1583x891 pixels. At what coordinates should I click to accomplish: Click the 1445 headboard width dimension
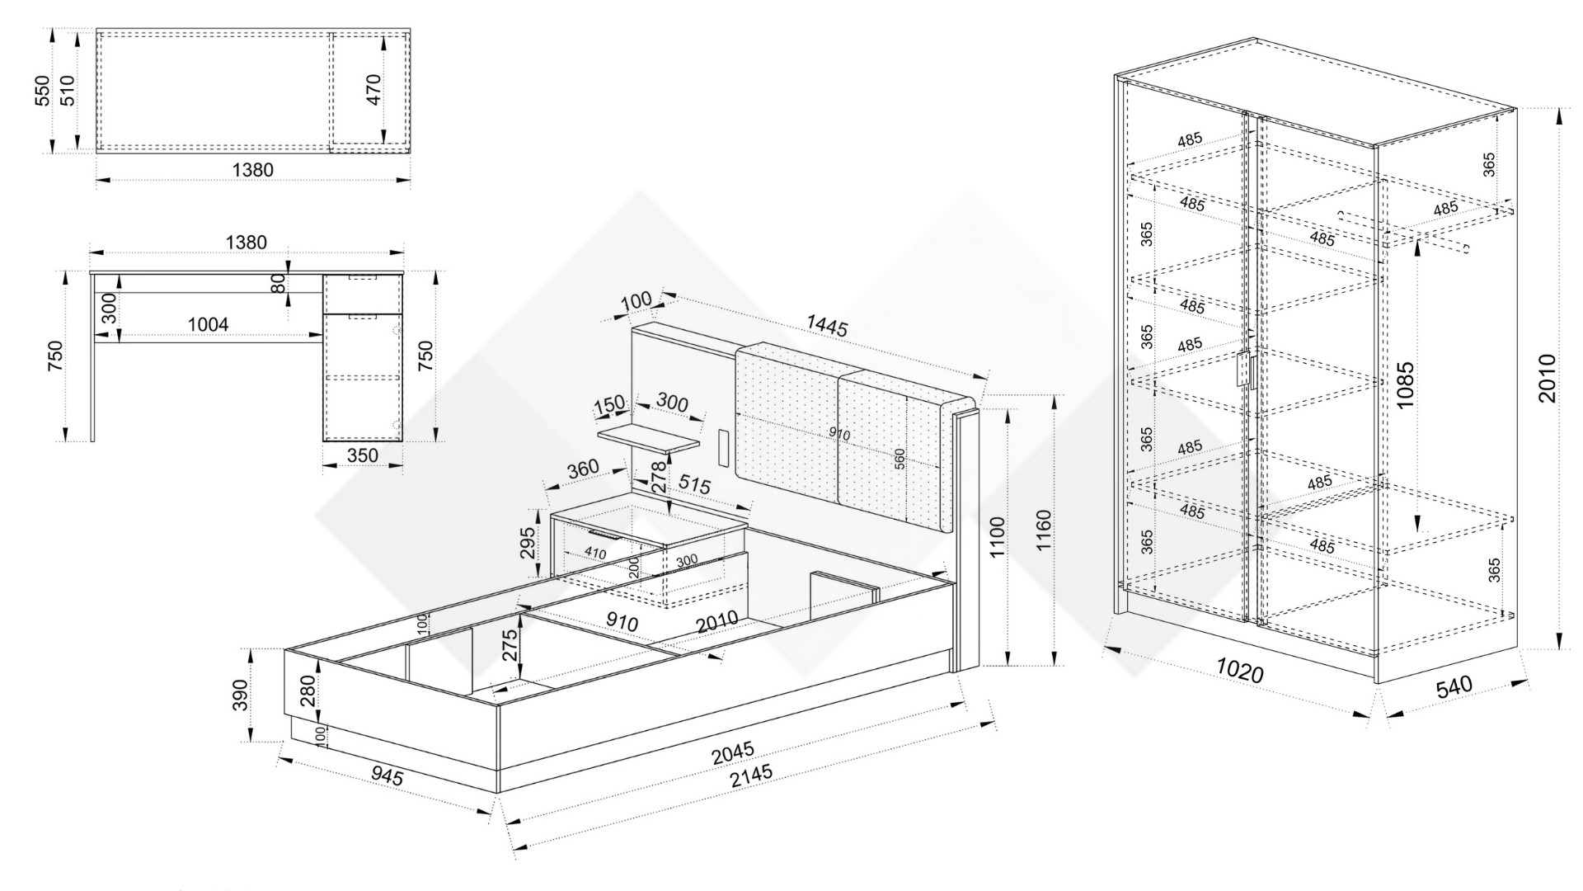[827, 327]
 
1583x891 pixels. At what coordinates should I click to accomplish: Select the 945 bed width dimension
[387, 775]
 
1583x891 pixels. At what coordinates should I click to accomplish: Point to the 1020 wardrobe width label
[1240, 672]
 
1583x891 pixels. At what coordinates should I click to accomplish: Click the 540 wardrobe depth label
[1454, 686]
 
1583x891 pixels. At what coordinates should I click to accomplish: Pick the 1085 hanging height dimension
[1405, 384]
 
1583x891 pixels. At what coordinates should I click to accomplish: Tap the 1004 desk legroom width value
[208, 324]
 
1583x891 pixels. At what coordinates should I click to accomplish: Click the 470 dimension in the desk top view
[373, 89]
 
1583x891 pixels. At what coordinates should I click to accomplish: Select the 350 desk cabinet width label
[363, 455]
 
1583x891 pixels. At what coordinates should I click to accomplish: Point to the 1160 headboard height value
[1043, 531]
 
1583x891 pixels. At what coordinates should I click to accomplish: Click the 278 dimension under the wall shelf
[658, 477]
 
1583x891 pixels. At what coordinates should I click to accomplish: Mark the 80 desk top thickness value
[279, 283]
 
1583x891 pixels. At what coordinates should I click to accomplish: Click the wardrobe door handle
[1244, 372]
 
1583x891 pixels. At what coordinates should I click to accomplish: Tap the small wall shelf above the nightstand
[648, 438]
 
